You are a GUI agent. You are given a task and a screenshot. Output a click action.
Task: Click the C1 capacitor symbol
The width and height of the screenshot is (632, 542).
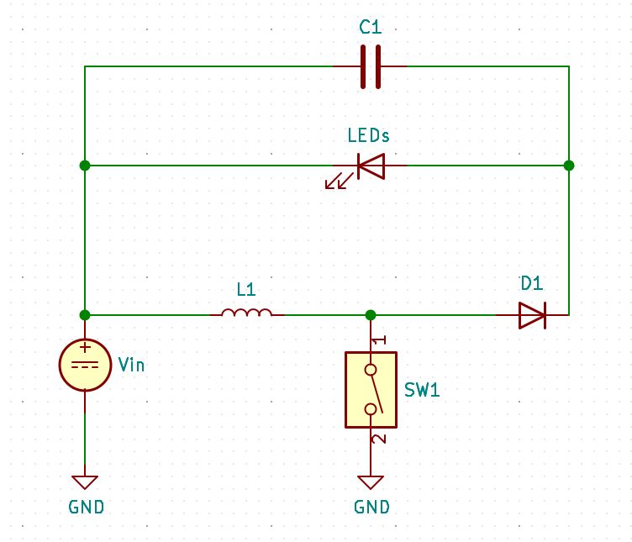click(x=371, y=66)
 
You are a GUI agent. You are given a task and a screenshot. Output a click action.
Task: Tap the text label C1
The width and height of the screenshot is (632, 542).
click(x=371, y=28)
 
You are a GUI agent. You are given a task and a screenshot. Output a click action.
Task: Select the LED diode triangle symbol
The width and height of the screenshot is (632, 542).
click(x=371, y=166)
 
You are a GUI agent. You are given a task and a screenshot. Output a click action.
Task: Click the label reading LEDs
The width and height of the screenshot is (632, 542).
click(x=369, y=135)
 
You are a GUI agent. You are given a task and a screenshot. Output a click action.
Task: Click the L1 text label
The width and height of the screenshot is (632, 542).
click(x=246, y=290)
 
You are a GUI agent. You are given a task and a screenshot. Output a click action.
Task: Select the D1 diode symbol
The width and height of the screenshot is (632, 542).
click(x=532, y=315)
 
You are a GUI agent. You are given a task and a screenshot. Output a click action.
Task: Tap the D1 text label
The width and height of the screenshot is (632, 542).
click(x=532, y=284)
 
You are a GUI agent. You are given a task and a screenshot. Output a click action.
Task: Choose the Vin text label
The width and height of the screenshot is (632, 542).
click(x=131, y=365)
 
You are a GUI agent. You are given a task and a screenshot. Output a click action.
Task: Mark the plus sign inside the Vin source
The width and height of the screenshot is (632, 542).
click(x=85, y=348)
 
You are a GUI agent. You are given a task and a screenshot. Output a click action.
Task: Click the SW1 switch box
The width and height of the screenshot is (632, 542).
click(x=371, y=390)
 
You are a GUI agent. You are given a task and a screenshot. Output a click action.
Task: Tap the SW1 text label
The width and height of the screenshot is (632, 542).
click(x=422, y=391)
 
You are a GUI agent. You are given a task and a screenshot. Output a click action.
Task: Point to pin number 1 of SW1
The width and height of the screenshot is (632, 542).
click(x=379, y=339)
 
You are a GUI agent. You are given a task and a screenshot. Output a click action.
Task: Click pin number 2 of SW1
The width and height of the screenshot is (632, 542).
click(x=379, y=439)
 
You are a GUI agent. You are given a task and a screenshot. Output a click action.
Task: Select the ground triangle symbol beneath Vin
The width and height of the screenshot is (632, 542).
click(x=85, y=482)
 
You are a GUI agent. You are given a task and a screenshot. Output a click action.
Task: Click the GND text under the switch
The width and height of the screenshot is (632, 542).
click(x=371, y=508)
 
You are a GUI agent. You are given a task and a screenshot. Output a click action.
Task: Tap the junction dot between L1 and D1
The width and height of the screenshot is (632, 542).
click(x=371, y=315)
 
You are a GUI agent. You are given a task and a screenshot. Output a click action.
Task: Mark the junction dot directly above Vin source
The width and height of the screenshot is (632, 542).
click(x=85, y=315)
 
